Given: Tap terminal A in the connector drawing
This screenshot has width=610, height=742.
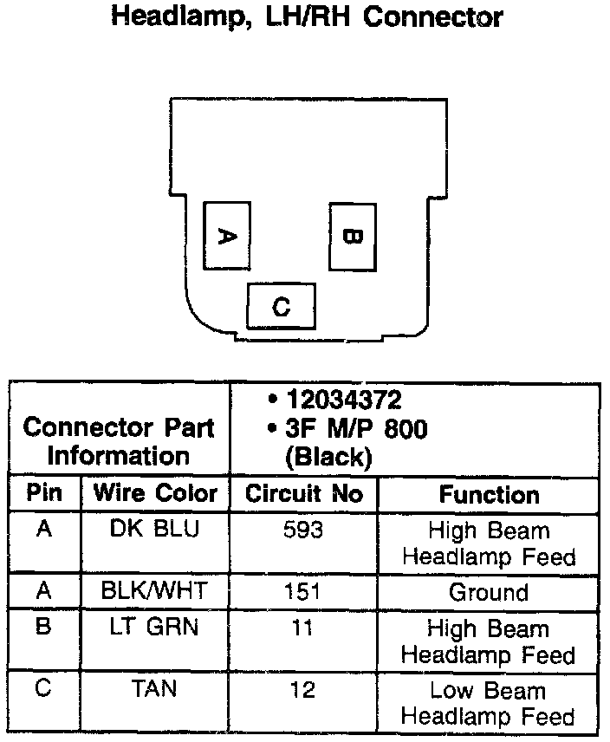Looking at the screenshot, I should tap(226, 235).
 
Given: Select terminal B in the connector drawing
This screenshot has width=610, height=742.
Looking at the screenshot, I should tap(352, 235).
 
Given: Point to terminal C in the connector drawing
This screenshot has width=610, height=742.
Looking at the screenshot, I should tap(281, 306).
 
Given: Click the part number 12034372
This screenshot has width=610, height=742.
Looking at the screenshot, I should tap(345, 401).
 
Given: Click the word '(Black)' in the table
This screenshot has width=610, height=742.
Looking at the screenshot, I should tap(328, 457).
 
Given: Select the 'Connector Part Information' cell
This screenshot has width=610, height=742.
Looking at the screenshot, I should tap(119, 441).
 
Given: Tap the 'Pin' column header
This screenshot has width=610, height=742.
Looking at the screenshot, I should tap(44, 493).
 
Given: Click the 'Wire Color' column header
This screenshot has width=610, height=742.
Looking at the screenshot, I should tap(155, 493).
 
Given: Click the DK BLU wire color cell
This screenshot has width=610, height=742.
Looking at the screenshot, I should tap(155, 530).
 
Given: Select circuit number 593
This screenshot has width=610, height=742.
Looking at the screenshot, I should tap(303, 530).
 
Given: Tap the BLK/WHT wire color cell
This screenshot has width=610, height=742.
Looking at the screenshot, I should tap(155, 592).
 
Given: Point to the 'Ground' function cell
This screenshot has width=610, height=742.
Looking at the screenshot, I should tap(489, 593).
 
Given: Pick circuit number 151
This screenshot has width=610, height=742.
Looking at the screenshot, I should tap(303, 592).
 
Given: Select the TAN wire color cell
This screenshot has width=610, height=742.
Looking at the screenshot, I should tap(155, 690).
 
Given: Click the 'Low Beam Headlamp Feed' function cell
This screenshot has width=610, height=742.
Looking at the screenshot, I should tap(489, 703).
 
